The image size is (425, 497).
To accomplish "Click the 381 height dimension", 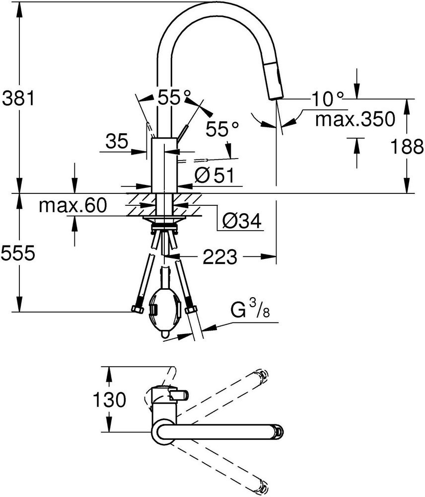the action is tap(18, 98).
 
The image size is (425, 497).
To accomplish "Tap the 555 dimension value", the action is tap(18, 253).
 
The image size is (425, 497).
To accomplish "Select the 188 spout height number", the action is tap(407, 147).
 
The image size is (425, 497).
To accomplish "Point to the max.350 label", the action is tap(355, 119).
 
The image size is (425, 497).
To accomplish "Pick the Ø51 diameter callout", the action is tap(214, 175).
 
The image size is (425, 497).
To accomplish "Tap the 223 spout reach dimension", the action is tap(220, 257).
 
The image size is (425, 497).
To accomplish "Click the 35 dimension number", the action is tap(117, 141).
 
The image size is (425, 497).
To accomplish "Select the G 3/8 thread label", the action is tap(250, 309).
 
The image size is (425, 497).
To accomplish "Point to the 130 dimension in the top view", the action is tap(109, 400).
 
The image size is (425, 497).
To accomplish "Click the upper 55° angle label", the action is tap(174, 97).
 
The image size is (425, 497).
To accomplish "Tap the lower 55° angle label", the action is tap(222, 129).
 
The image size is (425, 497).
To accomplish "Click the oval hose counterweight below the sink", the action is tap(165, 313).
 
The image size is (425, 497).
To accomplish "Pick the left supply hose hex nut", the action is tap(137, 309).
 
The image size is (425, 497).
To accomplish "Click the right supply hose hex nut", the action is tap(191, 309).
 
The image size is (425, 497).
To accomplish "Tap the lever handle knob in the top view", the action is tap(179, 395).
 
